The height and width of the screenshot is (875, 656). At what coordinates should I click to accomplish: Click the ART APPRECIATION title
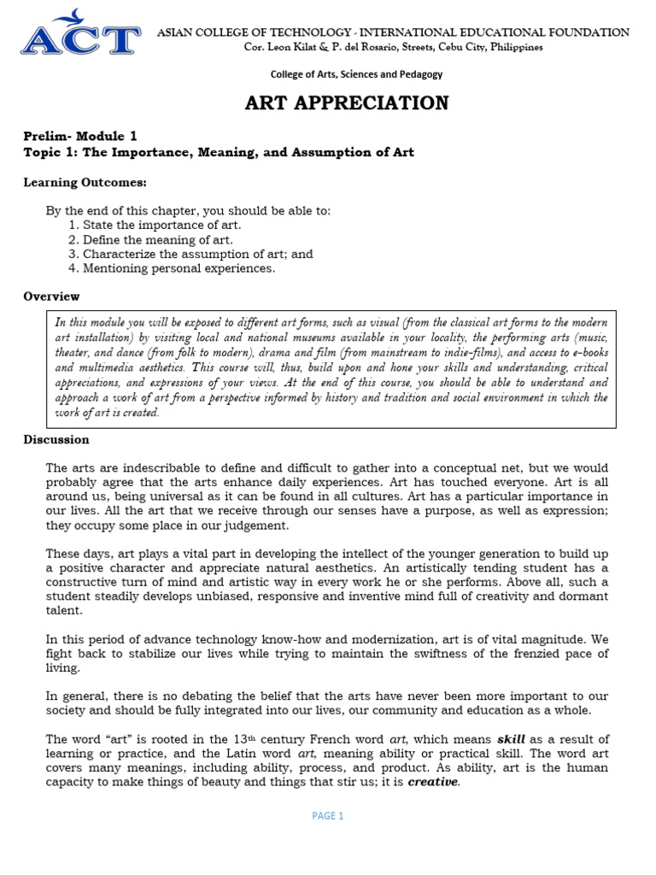(347, 103)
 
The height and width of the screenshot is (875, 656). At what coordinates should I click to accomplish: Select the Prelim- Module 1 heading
(79, 136)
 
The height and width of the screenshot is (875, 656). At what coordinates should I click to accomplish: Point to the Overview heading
(51, 297)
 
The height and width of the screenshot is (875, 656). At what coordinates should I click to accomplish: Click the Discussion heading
(56, 440)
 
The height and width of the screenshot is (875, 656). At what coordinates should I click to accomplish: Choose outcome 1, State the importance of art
(155, 225)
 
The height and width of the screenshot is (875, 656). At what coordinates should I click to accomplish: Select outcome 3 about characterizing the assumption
(190, 254)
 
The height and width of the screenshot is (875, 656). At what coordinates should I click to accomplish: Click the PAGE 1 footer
(328, 816)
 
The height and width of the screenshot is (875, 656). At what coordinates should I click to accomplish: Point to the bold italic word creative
(433, 782)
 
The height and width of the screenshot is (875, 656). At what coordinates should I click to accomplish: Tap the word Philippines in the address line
(512, 47)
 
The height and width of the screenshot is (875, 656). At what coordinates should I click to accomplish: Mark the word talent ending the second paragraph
(64, 611)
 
